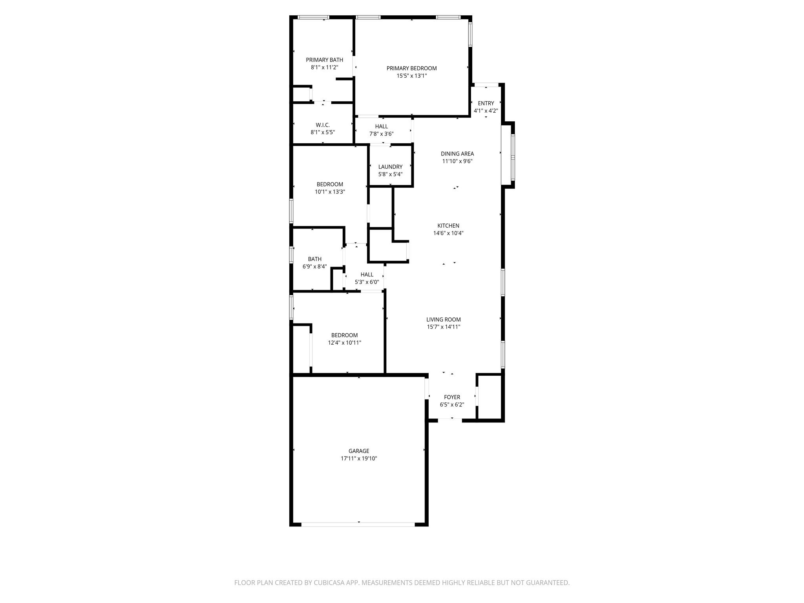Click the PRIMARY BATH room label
(324, 60)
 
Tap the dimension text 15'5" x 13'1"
(411, 76)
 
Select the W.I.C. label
(323, 125)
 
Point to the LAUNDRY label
(390, 167)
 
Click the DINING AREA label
(457, 154)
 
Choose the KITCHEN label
(448, 226)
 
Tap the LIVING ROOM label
(444, 320)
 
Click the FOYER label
(452, 397)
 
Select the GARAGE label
(359, 451)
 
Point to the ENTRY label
(486, 104)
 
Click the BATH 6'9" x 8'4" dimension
(314, 267)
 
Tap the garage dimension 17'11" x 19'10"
(359, 459)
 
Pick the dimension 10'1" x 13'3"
(330, 192)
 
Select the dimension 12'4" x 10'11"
(344, 343)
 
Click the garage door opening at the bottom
(358, 524)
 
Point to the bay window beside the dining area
(513, 157)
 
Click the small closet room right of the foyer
(490, 397)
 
